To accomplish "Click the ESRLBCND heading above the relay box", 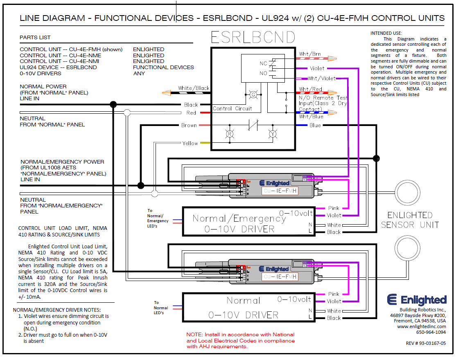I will pyautogui.click(x=253, y=38).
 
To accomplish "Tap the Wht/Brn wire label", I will pyautogui.click(x=310, y=54).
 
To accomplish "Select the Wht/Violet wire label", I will pyautogui.click(x=321, y=79).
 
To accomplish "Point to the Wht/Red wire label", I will pyautogui.click(x=310, y=89).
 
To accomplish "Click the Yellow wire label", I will pyautogui.click(x=190, y=143).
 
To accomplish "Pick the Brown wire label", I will pyautogui.click(x=189, y=125).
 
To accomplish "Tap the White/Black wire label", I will pyautogui.click(x=194, y=88).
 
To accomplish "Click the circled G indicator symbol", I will pyautogui.click(x=252, y=94).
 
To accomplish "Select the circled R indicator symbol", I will pyautogui.click(x=230, y=133).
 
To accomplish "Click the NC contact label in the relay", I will pyautogui.click(x=263, y=63).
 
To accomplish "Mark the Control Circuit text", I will pyautogui.click(x=233, y=109).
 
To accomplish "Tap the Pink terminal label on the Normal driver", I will pyautogui.click(x=334, y=294).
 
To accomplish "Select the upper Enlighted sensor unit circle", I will pyautogui.click(x=406, y=191).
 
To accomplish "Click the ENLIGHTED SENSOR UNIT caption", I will pyautogui.click(x=410, y=220).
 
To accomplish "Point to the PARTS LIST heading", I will pyautogui.click(x=35, y=37).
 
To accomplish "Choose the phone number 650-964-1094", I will pyautogui.click(x=431, y=332).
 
